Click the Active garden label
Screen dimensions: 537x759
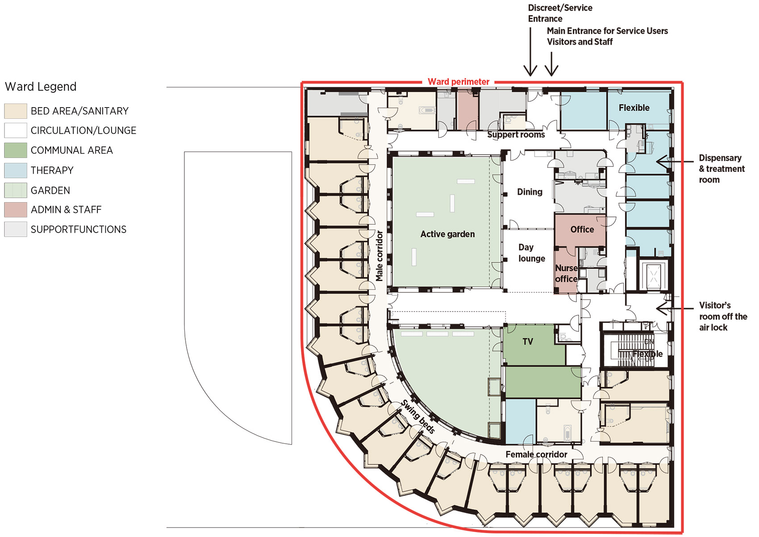pyautogui.click(x=447, y=234)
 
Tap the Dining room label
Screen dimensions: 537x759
pyautogui.click(x=530, y=192)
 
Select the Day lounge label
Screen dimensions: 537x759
pyautogui.click(x=531, y=253)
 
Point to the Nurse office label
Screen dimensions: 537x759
pyautogui.click(x=566, y=273)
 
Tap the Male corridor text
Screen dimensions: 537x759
pyautogui.click(x=379, y=256)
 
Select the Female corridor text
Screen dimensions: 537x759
pyautogui.click(x=536, y=454)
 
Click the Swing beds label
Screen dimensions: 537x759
pyautogui.click(x=418, y=416)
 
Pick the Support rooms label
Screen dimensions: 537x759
pyautogui.click(x=516, y=135)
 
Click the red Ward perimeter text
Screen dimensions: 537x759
pyautogui.click(x=458, y=82)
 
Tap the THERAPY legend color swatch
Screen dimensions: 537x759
pyautogui.click(x=16, y=171)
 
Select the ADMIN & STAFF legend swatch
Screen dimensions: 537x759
pyautogui.click(x=16, y=210)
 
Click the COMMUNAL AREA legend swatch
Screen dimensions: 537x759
pyautogui.click(x=16, y=150)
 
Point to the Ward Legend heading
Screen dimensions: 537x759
pyautogui.click(x=41, y=87)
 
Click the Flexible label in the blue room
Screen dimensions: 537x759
pyautogui.click(x=634, y=108)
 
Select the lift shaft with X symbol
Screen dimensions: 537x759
pyautogui.click(x=654, y=276)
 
